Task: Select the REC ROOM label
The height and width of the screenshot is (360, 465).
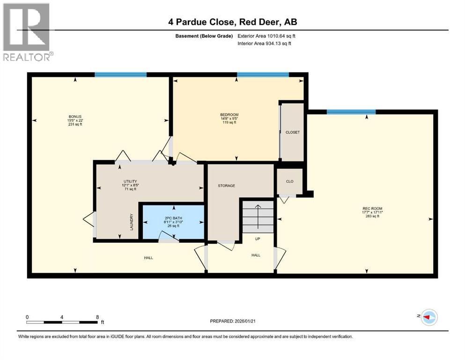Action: tap(369, 209)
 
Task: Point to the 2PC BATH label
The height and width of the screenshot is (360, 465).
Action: tap(173, 217)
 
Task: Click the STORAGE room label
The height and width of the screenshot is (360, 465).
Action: tap(226, 186)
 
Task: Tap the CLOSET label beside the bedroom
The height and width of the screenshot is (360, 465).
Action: tap(292, 132)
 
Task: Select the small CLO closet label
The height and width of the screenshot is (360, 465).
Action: tap(290, 181)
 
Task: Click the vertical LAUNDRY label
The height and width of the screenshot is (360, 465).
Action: tap(132, 223)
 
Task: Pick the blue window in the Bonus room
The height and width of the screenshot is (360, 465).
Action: tap(120, 75)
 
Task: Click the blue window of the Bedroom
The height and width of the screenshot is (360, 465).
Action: tap(262, 75)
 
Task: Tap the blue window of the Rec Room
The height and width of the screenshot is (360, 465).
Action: tap(351, 112)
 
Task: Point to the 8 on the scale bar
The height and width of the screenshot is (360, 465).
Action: tap(97, 317)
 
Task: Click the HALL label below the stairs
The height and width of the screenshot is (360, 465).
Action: tap(256, 255)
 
